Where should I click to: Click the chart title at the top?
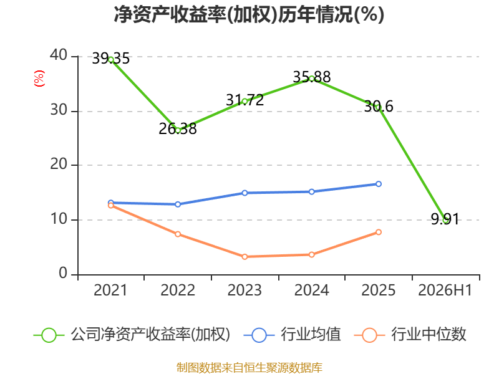tap(249, 14)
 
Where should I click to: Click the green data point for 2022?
tap(178, 130)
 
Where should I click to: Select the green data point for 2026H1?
tap(445, 220)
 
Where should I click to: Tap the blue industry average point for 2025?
tap(379, 184)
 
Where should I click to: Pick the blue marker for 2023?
tap(245, 193)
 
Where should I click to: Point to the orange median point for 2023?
tap(245, 257)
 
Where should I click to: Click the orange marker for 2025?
tap(379, 232)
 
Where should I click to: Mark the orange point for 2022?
tap(178, 234)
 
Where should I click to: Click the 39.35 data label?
tap(111, 59)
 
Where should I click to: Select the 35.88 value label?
tap(312, 77)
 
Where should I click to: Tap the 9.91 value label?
tap(445, 219)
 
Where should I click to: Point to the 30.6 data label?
tap(379, 106)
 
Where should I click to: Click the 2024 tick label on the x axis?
tap(311, 290)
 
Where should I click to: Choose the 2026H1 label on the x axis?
tap(445, 290)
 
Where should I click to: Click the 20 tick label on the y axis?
tap(59, 165)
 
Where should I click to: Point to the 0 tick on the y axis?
tap(63, 274)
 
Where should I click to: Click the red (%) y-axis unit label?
tap(39, 79)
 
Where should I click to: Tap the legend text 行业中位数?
tap(429, 335)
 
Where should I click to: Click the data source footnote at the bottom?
tap(249, 368)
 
